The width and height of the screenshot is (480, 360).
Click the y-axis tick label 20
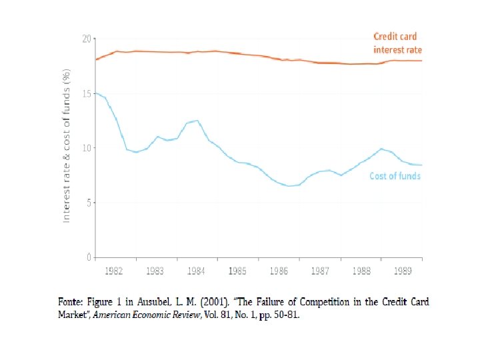(86, 39)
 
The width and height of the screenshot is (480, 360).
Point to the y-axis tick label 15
(86, 94)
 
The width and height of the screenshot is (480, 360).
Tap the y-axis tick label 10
(86, 148)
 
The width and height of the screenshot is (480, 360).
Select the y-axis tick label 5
(89, 203)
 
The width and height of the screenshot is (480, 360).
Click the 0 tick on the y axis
(89, 257)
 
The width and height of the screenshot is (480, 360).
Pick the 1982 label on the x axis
(114, 271)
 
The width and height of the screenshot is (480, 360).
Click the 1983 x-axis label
(155, 271)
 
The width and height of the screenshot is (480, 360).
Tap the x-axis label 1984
(196, 271)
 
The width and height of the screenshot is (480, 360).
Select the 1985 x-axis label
(238, 271)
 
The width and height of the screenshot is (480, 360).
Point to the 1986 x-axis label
(279, 271)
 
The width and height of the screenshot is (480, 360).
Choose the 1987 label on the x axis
(321, 271)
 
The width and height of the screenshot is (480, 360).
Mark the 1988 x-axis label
(361, 271)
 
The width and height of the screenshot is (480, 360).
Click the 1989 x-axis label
(403, 271)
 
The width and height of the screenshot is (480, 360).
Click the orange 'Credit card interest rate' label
(397, 43)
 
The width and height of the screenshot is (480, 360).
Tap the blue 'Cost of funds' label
(395, 176)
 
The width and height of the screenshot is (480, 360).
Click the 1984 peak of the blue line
(197, 121)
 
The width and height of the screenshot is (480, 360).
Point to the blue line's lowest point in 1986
(289, 186)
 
